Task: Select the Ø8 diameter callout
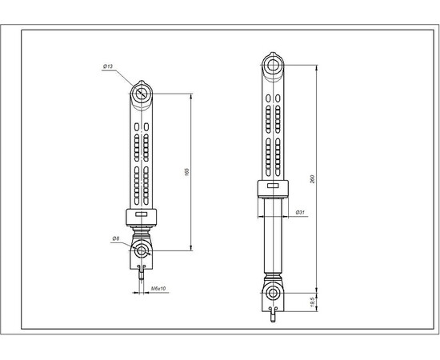click(x=115, y=238)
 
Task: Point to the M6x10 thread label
click(x=157, y=287)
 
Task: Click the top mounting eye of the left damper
click(x=142, y=94)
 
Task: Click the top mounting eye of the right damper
click(x=274, y=64)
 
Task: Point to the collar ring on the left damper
click(x=142, y=216)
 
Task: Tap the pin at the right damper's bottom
click(x=274, y=316)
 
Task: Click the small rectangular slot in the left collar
click(x=142, y=215)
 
